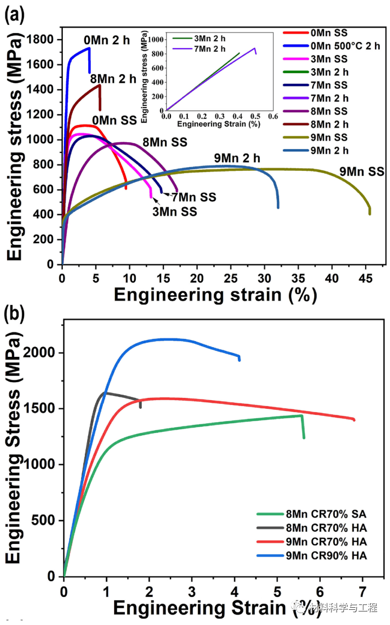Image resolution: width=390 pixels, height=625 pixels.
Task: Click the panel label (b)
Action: pyautogui.click(x=15, y=312)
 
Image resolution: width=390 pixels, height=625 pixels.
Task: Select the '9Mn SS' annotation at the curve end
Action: pyautogui.click(x=362, y=172)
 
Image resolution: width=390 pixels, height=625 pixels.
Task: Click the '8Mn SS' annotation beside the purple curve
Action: pyautogui.click(x=164, y=143)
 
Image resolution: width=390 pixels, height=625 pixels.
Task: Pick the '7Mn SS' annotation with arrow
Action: pyautogui.click(x=194, y=197)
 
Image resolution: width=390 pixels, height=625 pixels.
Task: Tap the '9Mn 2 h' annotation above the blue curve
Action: pyautogui.click(x=237, y=158)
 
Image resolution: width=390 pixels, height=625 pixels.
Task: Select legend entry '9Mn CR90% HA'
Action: pyautogui.click(x=319, y=555)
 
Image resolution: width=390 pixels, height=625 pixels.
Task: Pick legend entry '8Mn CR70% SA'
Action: pyautogui.click(x=319, y=514)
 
